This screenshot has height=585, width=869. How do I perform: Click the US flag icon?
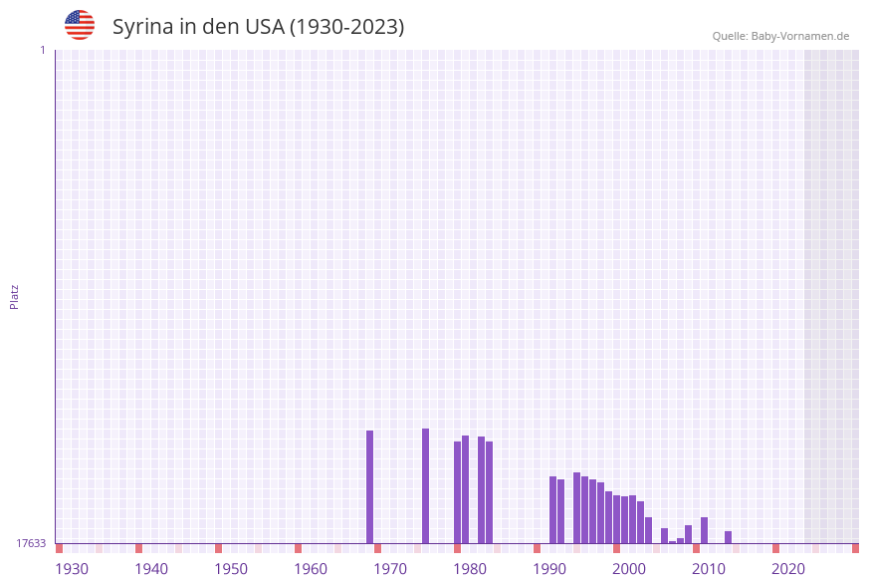pyautogui.click(x=80, y=25)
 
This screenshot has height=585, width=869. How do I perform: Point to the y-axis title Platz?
pyautogui.click(x=15, y=296)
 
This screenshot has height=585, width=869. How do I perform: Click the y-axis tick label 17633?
pyautogui.click(x=31, y=543)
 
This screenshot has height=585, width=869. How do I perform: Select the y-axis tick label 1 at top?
pyautogui.click(x=43, y=50)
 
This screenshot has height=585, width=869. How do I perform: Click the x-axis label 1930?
pyautogui.click(x=72, y=569)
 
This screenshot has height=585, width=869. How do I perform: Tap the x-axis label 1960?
pyautogui.click(x=311, y=569)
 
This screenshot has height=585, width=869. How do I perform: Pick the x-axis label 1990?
pyautogui.click(x=549, y=569)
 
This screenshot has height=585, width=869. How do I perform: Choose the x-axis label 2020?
pyautogui.click(x=788, y=569)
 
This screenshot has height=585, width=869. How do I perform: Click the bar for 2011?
pyautogui.click(x=705, y=529)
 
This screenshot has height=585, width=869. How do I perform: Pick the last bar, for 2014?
pyautogui.click(x=729, y=536)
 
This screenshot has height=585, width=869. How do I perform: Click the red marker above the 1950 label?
pyautogui.click(x=219, y=548)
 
